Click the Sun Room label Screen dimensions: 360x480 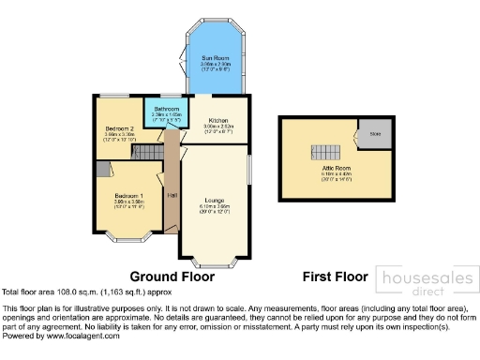coord(214,58)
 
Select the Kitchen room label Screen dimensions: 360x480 coord(217,121)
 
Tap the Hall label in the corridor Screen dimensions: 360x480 coord(172,195)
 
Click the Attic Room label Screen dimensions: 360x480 coord(335,166)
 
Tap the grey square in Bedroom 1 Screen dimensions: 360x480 coord(101,171)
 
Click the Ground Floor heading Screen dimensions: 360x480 coord(172,277)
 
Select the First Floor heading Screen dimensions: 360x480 coord(334,277)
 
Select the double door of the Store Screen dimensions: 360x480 coord(354,139)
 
